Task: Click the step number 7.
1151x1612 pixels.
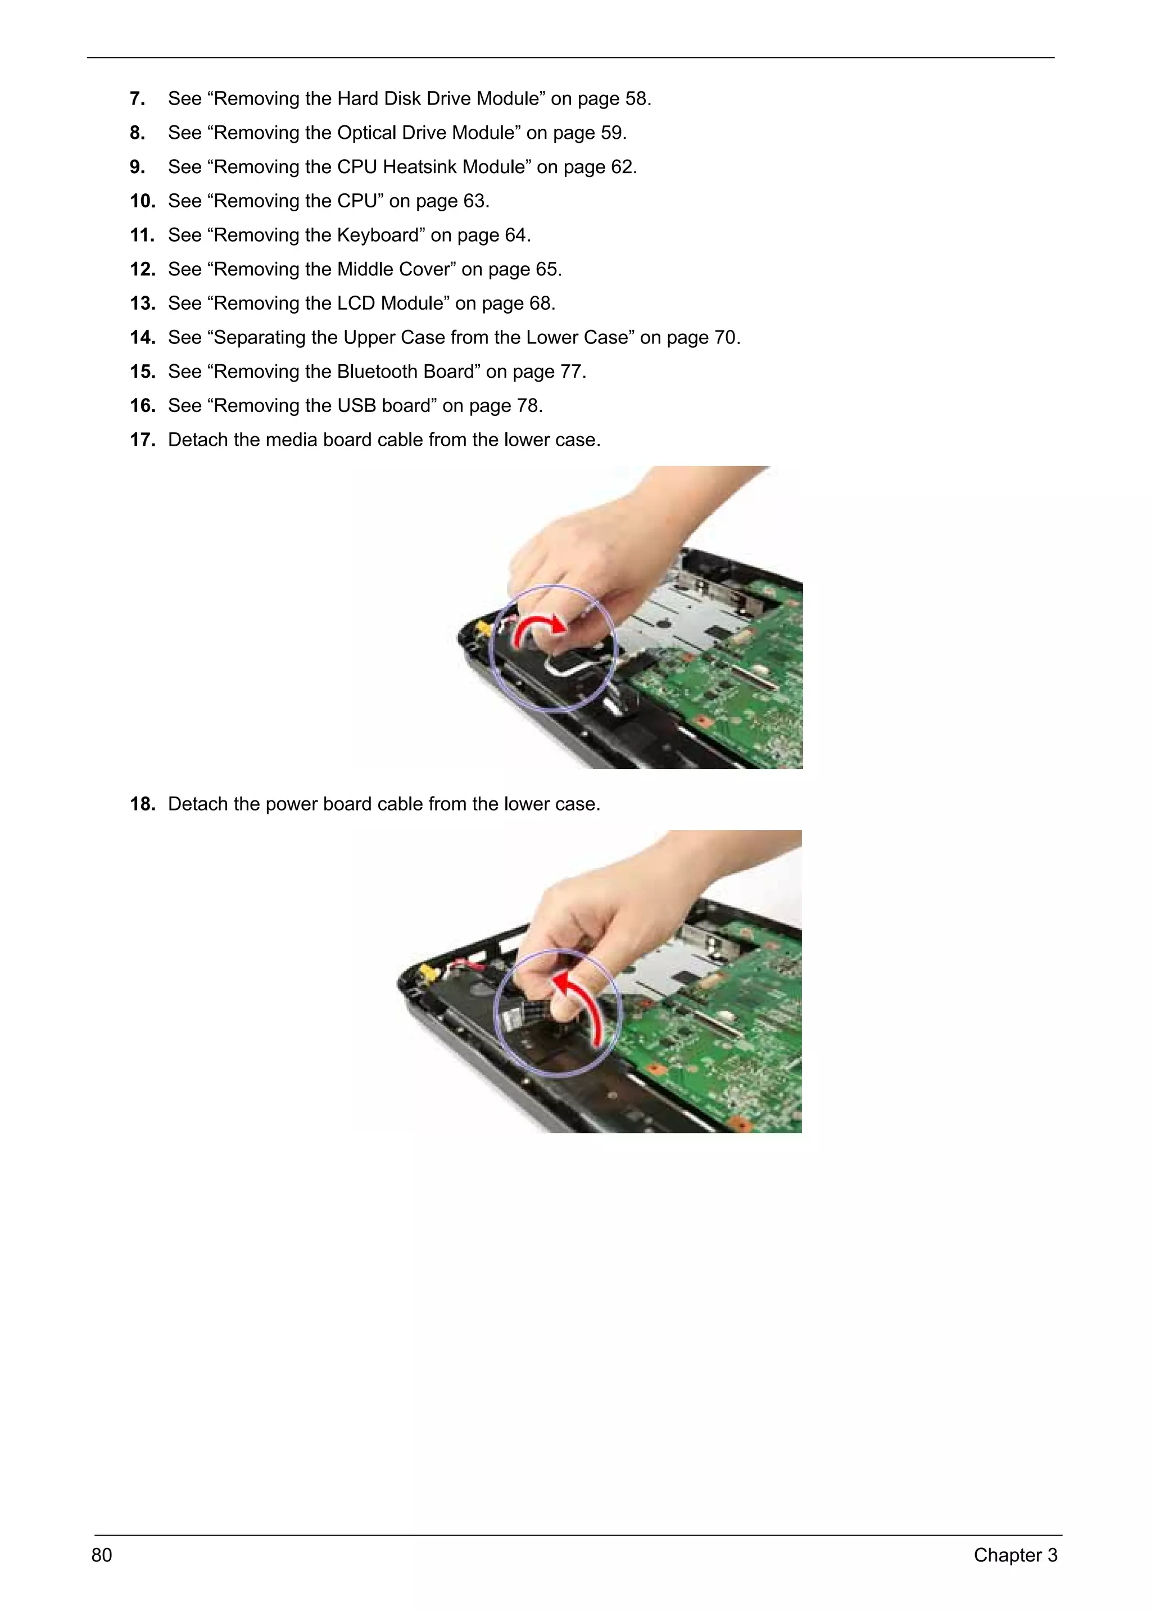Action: point(138,98)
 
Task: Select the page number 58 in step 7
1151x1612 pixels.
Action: point(636,98)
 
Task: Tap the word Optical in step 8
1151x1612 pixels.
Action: point(366,133)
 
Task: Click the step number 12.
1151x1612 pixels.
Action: point(142,269)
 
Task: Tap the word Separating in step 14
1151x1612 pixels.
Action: point(259,337)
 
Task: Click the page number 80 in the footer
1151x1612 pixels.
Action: point(101,1555)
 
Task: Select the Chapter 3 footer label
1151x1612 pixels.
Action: point(1014,1555)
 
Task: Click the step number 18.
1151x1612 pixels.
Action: point(142,804)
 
